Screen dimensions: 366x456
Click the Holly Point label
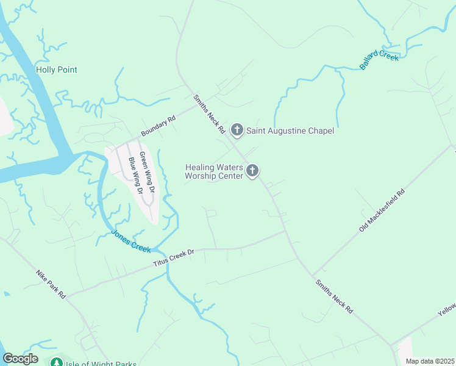tap(57, 70)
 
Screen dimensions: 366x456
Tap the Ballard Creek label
tap(379, 60)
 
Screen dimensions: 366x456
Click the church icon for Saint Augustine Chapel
tap(237, 130)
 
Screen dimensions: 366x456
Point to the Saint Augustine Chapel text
tap(290, 131)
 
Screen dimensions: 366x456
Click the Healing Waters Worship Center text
tap(214, 171)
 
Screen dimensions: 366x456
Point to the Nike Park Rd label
tap(51, 285)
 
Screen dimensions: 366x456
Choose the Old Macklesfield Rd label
tap(382, 210)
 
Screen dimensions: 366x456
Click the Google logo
tap(20, 359)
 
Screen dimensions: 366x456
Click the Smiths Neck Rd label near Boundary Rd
tap(210, 114)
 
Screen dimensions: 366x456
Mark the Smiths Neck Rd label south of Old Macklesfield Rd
tap(334, 296)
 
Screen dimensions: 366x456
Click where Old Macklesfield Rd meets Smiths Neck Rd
tap(313, 274)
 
